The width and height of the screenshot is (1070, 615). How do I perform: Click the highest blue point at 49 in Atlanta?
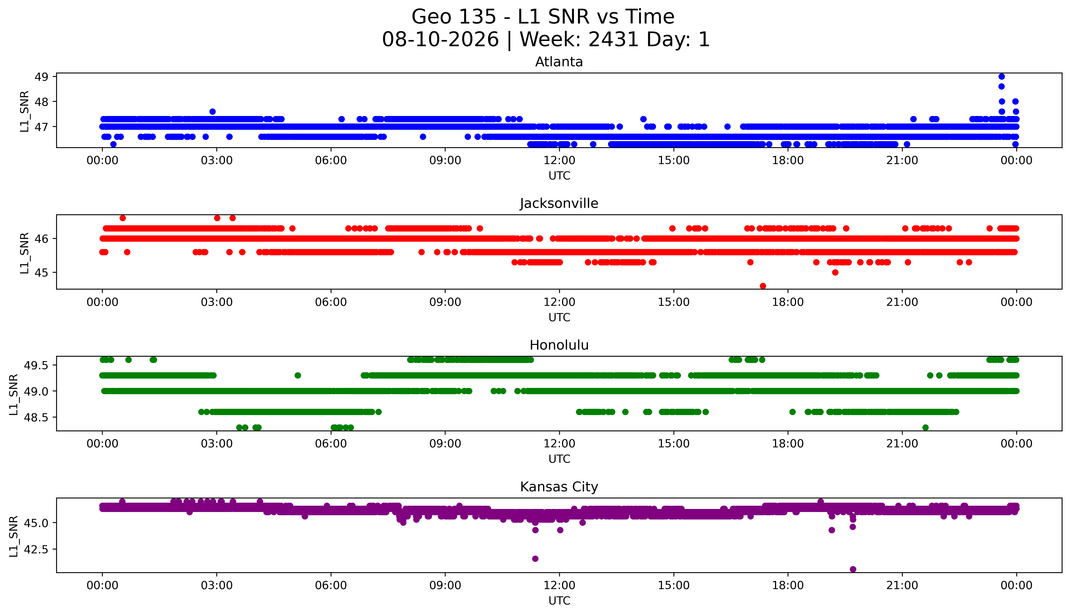pyautogui.click(x=1001, y=76)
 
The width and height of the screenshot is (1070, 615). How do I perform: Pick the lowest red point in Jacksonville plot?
pyautogui.click(x=763, y=286)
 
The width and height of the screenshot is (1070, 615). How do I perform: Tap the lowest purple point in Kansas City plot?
pyautogui.click(x=852, y=569)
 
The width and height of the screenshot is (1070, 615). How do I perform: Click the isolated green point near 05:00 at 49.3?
pyautogui.click(x=298, y=375)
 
